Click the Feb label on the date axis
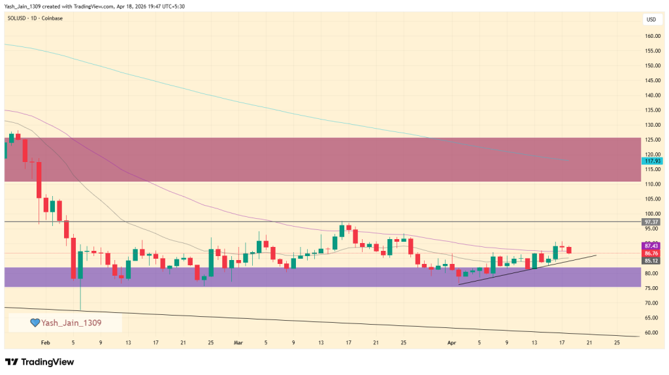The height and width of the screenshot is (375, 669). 45,342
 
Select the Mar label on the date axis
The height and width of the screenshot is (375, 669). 238,342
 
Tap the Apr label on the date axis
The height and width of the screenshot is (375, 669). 451,342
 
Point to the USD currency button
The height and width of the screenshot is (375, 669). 651,20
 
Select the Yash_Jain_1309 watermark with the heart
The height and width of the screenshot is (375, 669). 65,323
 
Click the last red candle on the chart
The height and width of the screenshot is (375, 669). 569,250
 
